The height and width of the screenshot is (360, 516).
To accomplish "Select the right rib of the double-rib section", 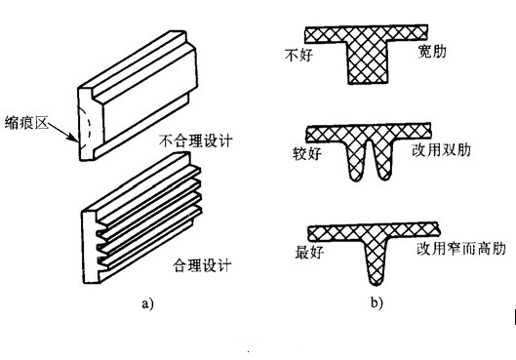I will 384,162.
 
